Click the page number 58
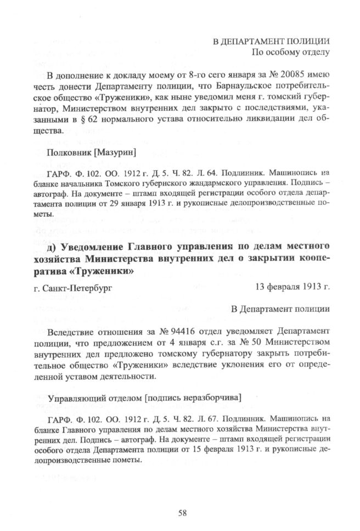[x=183, y=513]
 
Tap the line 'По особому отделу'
[x=290, y=53]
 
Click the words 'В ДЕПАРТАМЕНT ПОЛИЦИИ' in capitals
[x=271, y=41]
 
